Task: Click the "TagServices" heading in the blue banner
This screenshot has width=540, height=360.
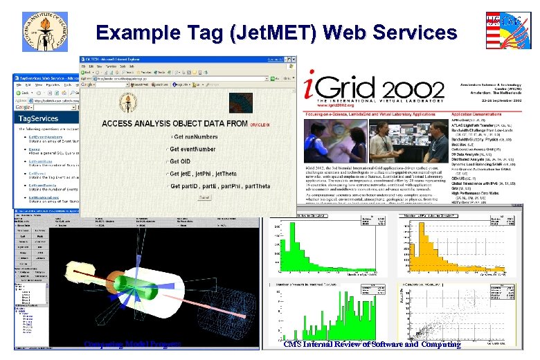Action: pos(39,118)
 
